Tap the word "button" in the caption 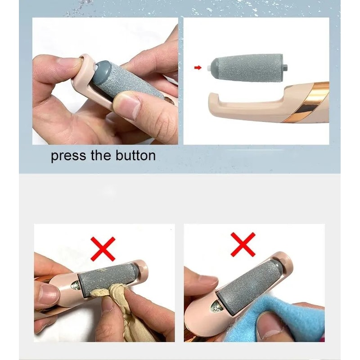tap(134, 156)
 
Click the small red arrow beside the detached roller tap(197, 68)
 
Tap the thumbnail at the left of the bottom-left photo tap(47, 295)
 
